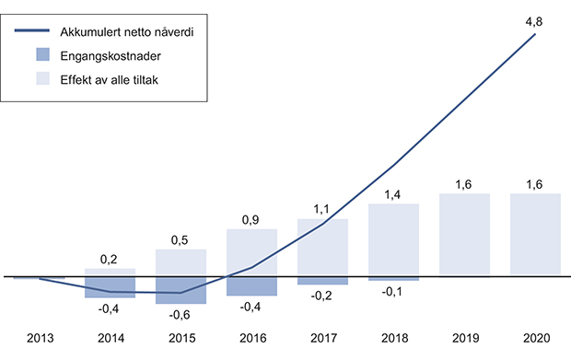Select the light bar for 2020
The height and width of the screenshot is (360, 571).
click(x=535, y=235)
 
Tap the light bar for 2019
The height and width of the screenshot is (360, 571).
click(x=464, y=235)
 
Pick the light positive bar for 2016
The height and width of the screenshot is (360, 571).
click(x=251, y=252)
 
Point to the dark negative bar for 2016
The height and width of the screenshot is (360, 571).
click(x=251, y=285)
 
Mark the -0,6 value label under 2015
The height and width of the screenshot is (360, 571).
click(x=181, y=313)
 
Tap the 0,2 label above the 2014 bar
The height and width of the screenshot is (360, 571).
click(x=110, y=259)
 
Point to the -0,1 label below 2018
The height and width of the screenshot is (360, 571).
click(x=393, y=292)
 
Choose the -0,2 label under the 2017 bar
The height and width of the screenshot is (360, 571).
click(x=322, y=296)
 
